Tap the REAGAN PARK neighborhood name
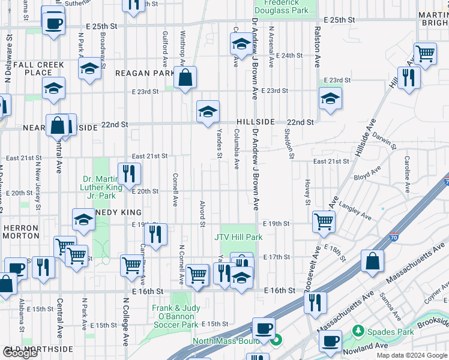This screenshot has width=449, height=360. (146, 73)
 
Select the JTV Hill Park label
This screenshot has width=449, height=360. (238, 237)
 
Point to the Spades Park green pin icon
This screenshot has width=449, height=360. (358, 331)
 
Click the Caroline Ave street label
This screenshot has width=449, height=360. (406, 175)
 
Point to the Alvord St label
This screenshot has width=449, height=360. (202, 214)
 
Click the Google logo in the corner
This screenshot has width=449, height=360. (20, 353)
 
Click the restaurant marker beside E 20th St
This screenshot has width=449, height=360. (129, 174)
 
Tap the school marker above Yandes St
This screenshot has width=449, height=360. (208, 112)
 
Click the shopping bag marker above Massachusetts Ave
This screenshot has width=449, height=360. (372, 261)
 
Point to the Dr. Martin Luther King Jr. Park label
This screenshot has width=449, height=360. (103, 188)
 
